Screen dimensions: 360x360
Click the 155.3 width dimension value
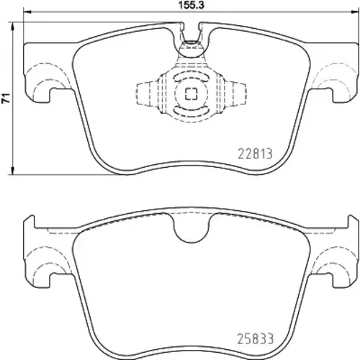191,5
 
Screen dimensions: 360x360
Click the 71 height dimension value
6,98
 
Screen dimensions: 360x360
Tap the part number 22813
255,153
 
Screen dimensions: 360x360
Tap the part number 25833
256,338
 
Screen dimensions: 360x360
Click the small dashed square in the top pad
191,94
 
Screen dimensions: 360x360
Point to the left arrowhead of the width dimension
27,12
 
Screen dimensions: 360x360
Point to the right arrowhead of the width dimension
354,12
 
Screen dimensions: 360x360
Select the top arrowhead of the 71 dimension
13,27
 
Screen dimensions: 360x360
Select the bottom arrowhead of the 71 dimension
13,171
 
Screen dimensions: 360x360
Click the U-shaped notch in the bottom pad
192,229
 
